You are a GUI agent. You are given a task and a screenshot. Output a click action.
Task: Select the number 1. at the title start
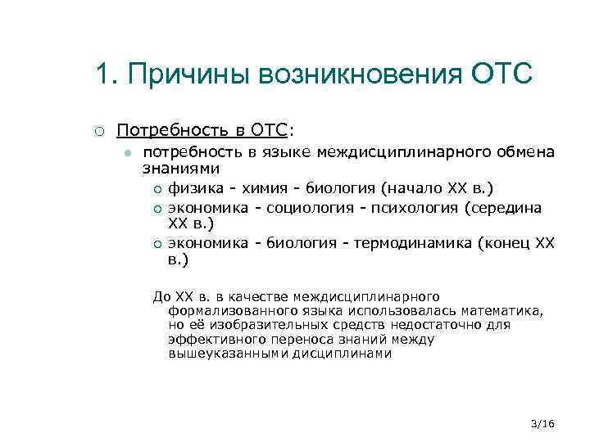click(107, 74)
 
